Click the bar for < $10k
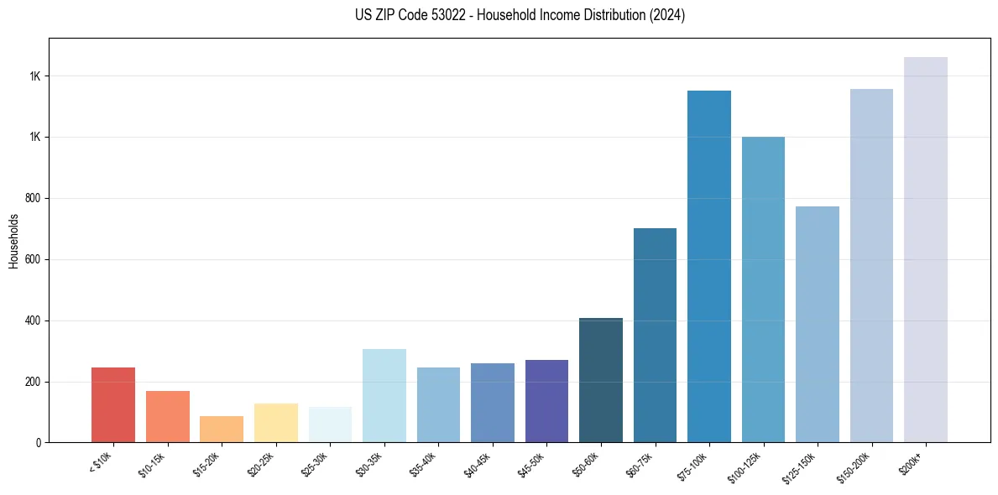pos(113,404)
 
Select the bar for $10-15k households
pos(168,416)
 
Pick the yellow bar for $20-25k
pos(276,423)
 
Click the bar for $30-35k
pos(384,395)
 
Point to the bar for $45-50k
pos(546,401)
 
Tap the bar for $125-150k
pos(818,324)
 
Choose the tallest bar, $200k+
pos(926,249)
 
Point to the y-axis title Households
pos(14,241)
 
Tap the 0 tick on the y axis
pos(39,442)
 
